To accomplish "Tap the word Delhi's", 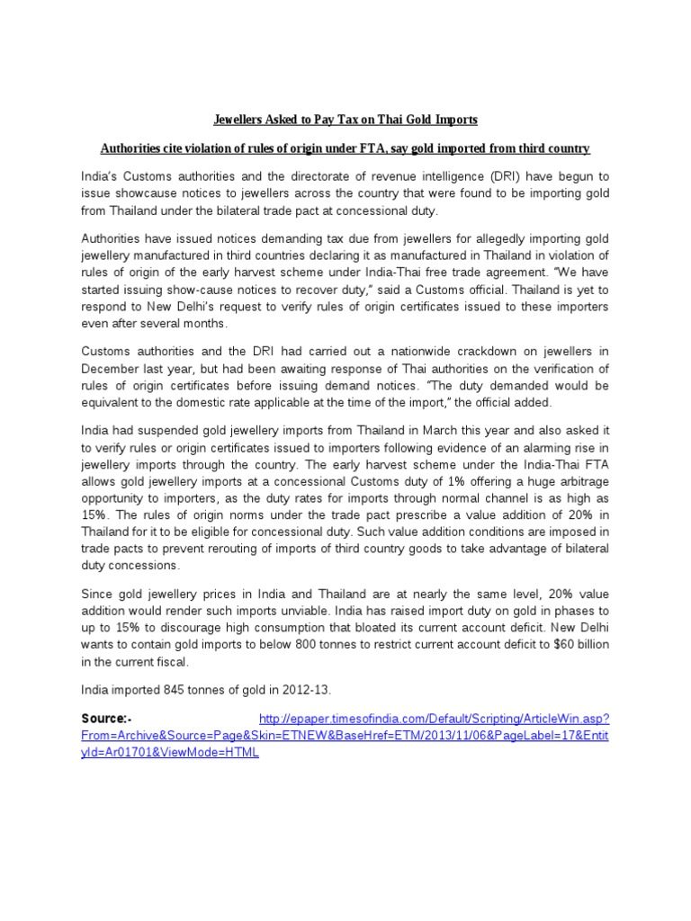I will pos(187,307).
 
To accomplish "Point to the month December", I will pos(112,369).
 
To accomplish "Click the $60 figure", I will pos(551,646).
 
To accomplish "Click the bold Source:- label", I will pos(106,719).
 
